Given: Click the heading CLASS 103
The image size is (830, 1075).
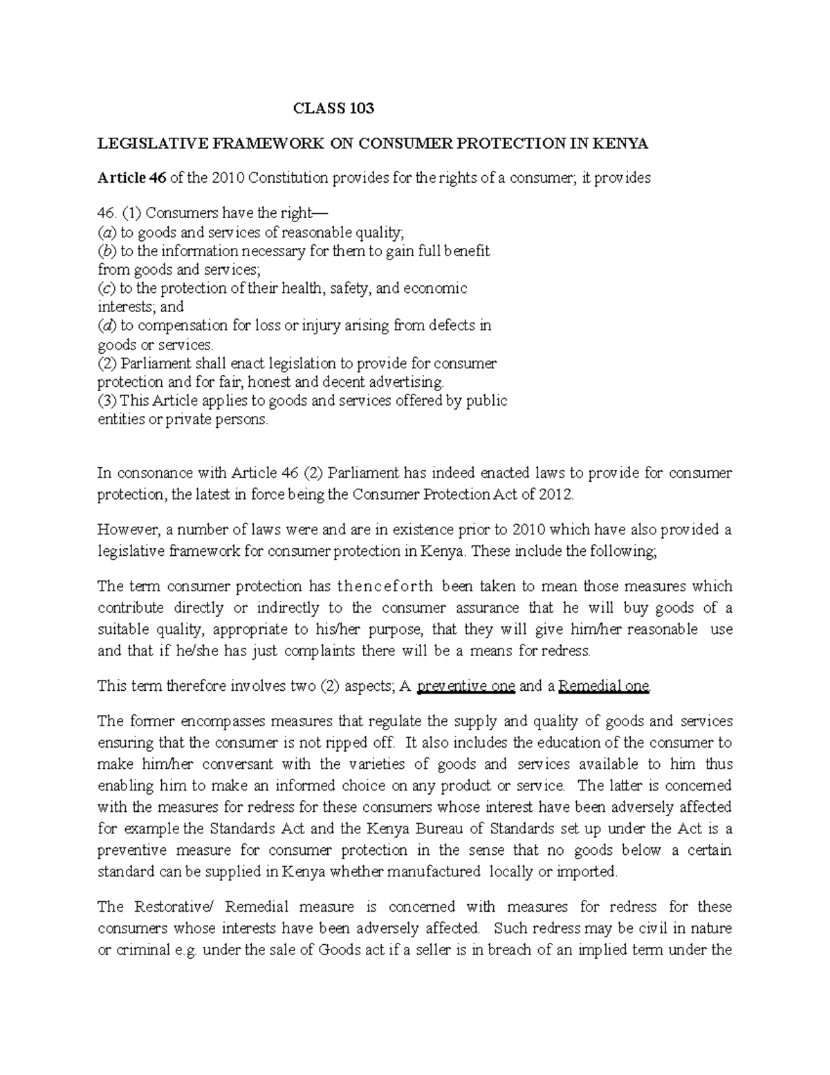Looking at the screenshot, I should click(333, 108).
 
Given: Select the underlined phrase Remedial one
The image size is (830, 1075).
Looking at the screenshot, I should click(604, 686).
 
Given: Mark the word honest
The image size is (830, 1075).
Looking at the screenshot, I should click(272, 381).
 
